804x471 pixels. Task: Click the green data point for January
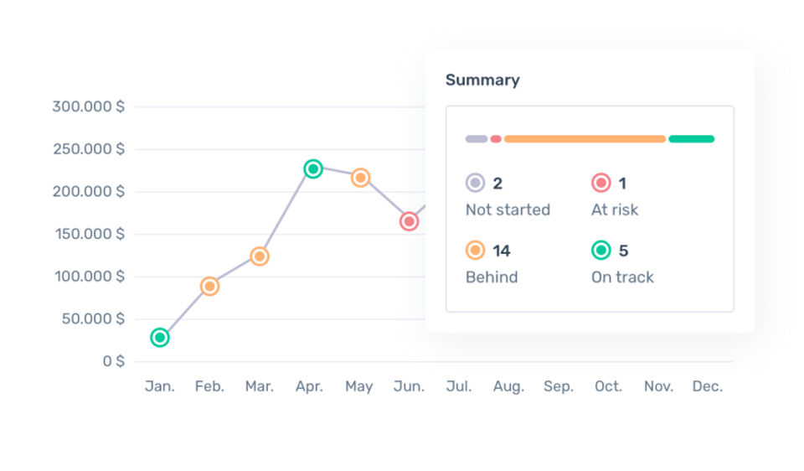(160, 338)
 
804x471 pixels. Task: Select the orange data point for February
(209, 287)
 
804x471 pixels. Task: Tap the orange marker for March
(260, 256)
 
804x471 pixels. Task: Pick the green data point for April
(312, 169)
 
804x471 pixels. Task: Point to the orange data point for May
(360, 178)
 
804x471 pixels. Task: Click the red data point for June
(409, 221)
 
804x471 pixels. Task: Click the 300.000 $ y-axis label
(88, 106)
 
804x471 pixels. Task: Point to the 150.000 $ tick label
(88, 234)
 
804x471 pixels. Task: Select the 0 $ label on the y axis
(113, 361)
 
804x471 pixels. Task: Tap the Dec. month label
(708, 386)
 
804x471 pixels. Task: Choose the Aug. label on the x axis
(508, 386)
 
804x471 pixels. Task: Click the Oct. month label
(608, 386)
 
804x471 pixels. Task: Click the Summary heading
(482, 80)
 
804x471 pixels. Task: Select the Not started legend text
(508, 210)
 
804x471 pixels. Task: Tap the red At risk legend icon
(600, 183)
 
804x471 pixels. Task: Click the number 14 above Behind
(502, 251)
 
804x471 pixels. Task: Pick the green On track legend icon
(600, 251)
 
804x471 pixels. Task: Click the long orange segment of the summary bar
(585, 139)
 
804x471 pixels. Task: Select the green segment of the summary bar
(691, 139)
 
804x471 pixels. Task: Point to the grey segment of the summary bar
(476, 139)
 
